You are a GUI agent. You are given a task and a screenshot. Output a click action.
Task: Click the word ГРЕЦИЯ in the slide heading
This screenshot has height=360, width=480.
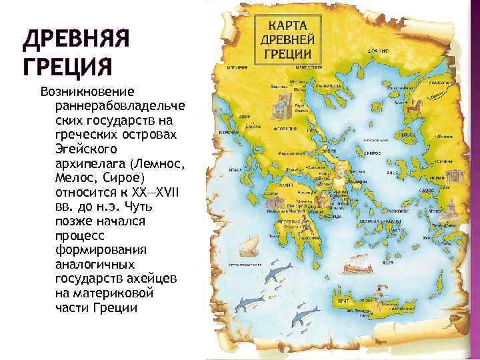[66, 68]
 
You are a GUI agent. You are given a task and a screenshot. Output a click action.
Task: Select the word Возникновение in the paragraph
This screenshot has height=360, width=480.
[87, 91]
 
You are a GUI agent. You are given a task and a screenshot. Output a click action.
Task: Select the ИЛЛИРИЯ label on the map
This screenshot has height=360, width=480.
[238, 67]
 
